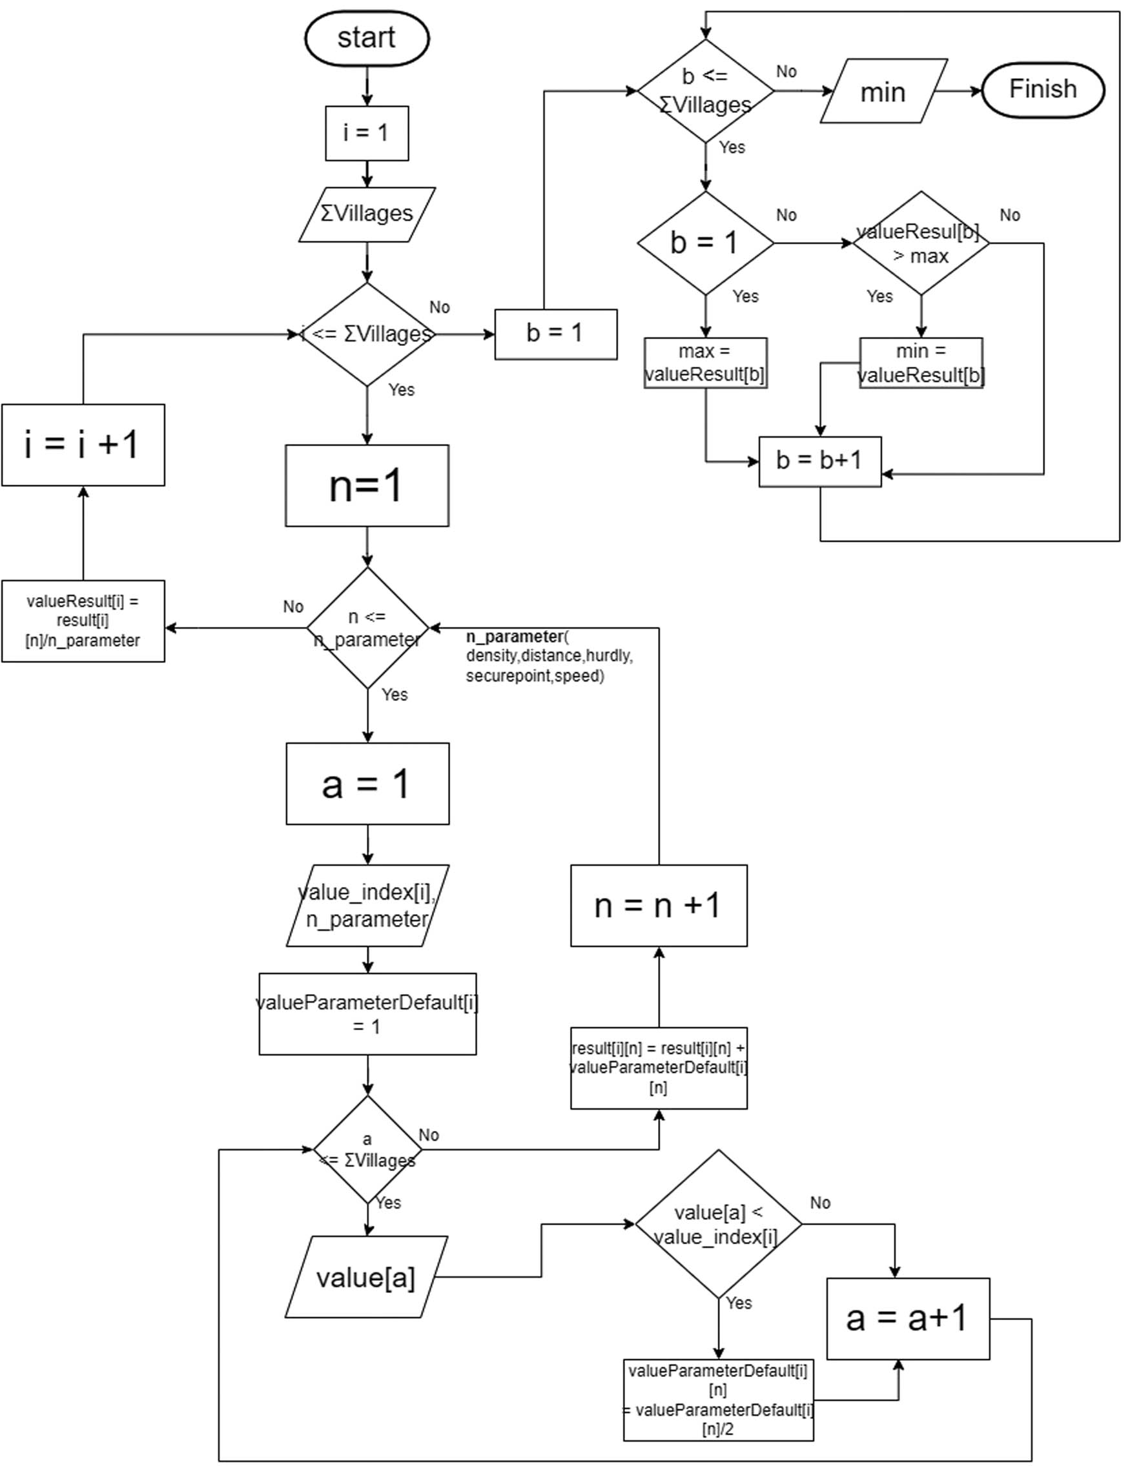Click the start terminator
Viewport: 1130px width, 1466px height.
367,38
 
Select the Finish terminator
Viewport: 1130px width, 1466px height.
1042,90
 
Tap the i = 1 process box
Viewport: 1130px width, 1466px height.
367,133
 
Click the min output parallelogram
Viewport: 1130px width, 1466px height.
883,91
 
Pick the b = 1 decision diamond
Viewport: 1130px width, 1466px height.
705,242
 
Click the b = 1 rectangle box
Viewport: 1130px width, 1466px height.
555,334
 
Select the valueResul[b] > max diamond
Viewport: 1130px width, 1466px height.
921,242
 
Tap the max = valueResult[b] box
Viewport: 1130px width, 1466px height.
705,363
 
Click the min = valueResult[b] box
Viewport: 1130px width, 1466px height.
921,363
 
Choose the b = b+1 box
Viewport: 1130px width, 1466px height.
819,461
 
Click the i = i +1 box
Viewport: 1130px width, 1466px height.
83,444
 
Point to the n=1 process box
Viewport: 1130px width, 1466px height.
367,485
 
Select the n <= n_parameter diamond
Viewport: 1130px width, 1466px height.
367,627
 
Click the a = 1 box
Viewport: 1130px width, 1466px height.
367,783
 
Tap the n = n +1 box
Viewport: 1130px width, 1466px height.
658,906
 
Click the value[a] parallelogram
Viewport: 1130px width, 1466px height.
366,1278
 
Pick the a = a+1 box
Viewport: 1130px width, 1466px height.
907,1318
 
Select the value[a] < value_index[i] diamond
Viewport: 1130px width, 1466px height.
718,1224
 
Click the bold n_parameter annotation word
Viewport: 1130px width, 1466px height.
514,636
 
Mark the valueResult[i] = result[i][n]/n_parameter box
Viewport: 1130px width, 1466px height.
83,621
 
